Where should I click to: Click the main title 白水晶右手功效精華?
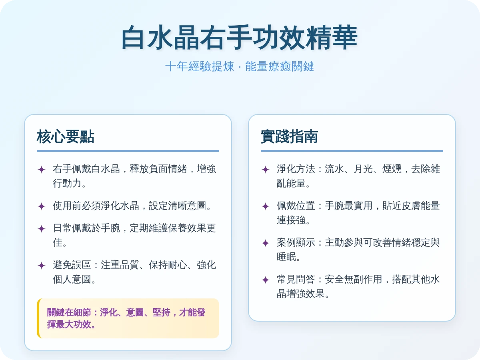240,38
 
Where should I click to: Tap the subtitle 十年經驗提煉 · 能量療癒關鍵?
240,66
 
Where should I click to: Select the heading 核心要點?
66,137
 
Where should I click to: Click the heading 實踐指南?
290,137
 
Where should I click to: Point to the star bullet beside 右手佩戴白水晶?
41,170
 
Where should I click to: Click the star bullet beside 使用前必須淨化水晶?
41,206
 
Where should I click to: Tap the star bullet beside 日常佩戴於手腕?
41,229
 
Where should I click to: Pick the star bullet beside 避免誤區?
41,266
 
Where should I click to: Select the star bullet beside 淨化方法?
265,170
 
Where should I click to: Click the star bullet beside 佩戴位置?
265,206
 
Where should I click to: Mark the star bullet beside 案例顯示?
265,243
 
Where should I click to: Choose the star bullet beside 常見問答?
265,280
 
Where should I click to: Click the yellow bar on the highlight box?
38,318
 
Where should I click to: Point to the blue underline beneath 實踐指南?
352,151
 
